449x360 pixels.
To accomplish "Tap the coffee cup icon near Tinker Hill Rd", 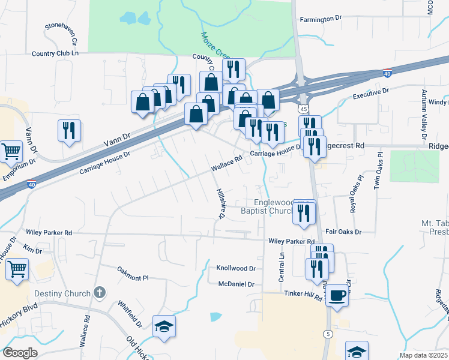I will [338, 296].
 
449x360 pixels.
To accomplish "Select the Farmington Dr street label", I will [321, 19].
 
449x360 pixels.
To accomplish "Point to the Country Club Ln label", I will [55, 53].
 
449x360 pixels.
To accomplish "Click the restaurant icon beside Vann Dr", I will [69, 130].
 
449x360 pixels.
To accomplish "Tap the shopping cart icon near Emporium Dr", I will [11, 152].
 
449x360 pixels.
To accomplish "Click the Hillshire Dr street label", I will [220, 203].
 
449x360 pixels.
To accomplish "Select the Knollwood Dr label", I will [236, 269].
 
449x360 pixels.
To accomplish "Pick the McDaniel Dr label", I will [237, 284].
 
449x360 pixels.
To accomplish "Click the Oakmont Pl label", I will [133, 278].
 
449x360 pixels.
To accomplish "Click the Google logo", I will [20, 352].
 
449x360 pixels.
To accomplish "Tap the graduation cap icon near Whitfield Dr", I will [164, 326].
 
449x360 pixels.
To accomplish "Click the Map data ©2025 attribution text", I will [423, 355].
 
